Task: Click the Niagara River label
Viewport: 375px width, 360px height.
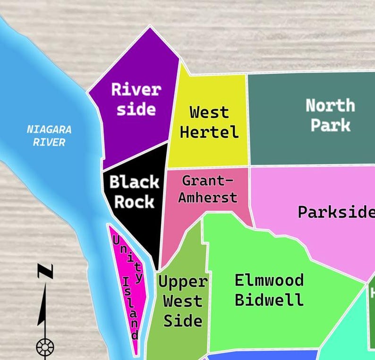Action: click(49, 135)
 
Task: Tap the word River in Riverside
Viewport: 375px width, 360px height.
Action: click(136, 89)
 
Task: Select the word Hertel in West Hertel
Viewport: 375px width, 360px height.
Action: click(209, 132)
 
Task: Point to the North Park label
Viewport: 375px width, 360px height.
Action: click(330, 115)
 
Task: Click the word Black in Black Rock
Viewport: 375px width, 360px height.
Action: click(134, 182)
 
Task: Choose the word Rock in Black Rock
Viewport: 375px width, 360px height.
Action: click(134, 202)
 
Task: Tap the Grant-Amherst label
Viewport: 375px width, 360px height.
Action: click(207, 189)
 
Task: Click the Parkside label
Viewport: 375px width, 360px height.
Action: click(336, 212)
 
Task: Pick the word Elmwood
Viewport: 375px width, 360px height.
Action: click(269, 280)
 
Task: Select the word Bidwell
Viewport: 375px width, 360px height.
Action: click(269, 300)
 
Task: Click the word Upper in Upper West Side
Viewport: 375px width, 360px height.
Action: click(182, 282)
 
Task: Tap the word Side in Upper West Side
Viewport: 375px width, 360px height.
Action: click(182, 321)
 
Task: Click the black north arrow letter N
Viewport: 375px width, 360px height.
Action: click(45, 271)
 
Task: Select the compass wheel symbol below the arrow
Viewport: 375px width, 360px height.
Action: click(45, 348)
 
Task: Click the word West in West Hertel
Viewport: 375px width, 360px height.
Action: click(209, 112)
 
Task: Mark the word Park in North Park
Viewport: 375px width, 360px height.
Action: click(330, 126)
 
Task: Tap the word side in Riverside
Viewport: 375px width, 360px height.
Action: click(136, 109)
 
